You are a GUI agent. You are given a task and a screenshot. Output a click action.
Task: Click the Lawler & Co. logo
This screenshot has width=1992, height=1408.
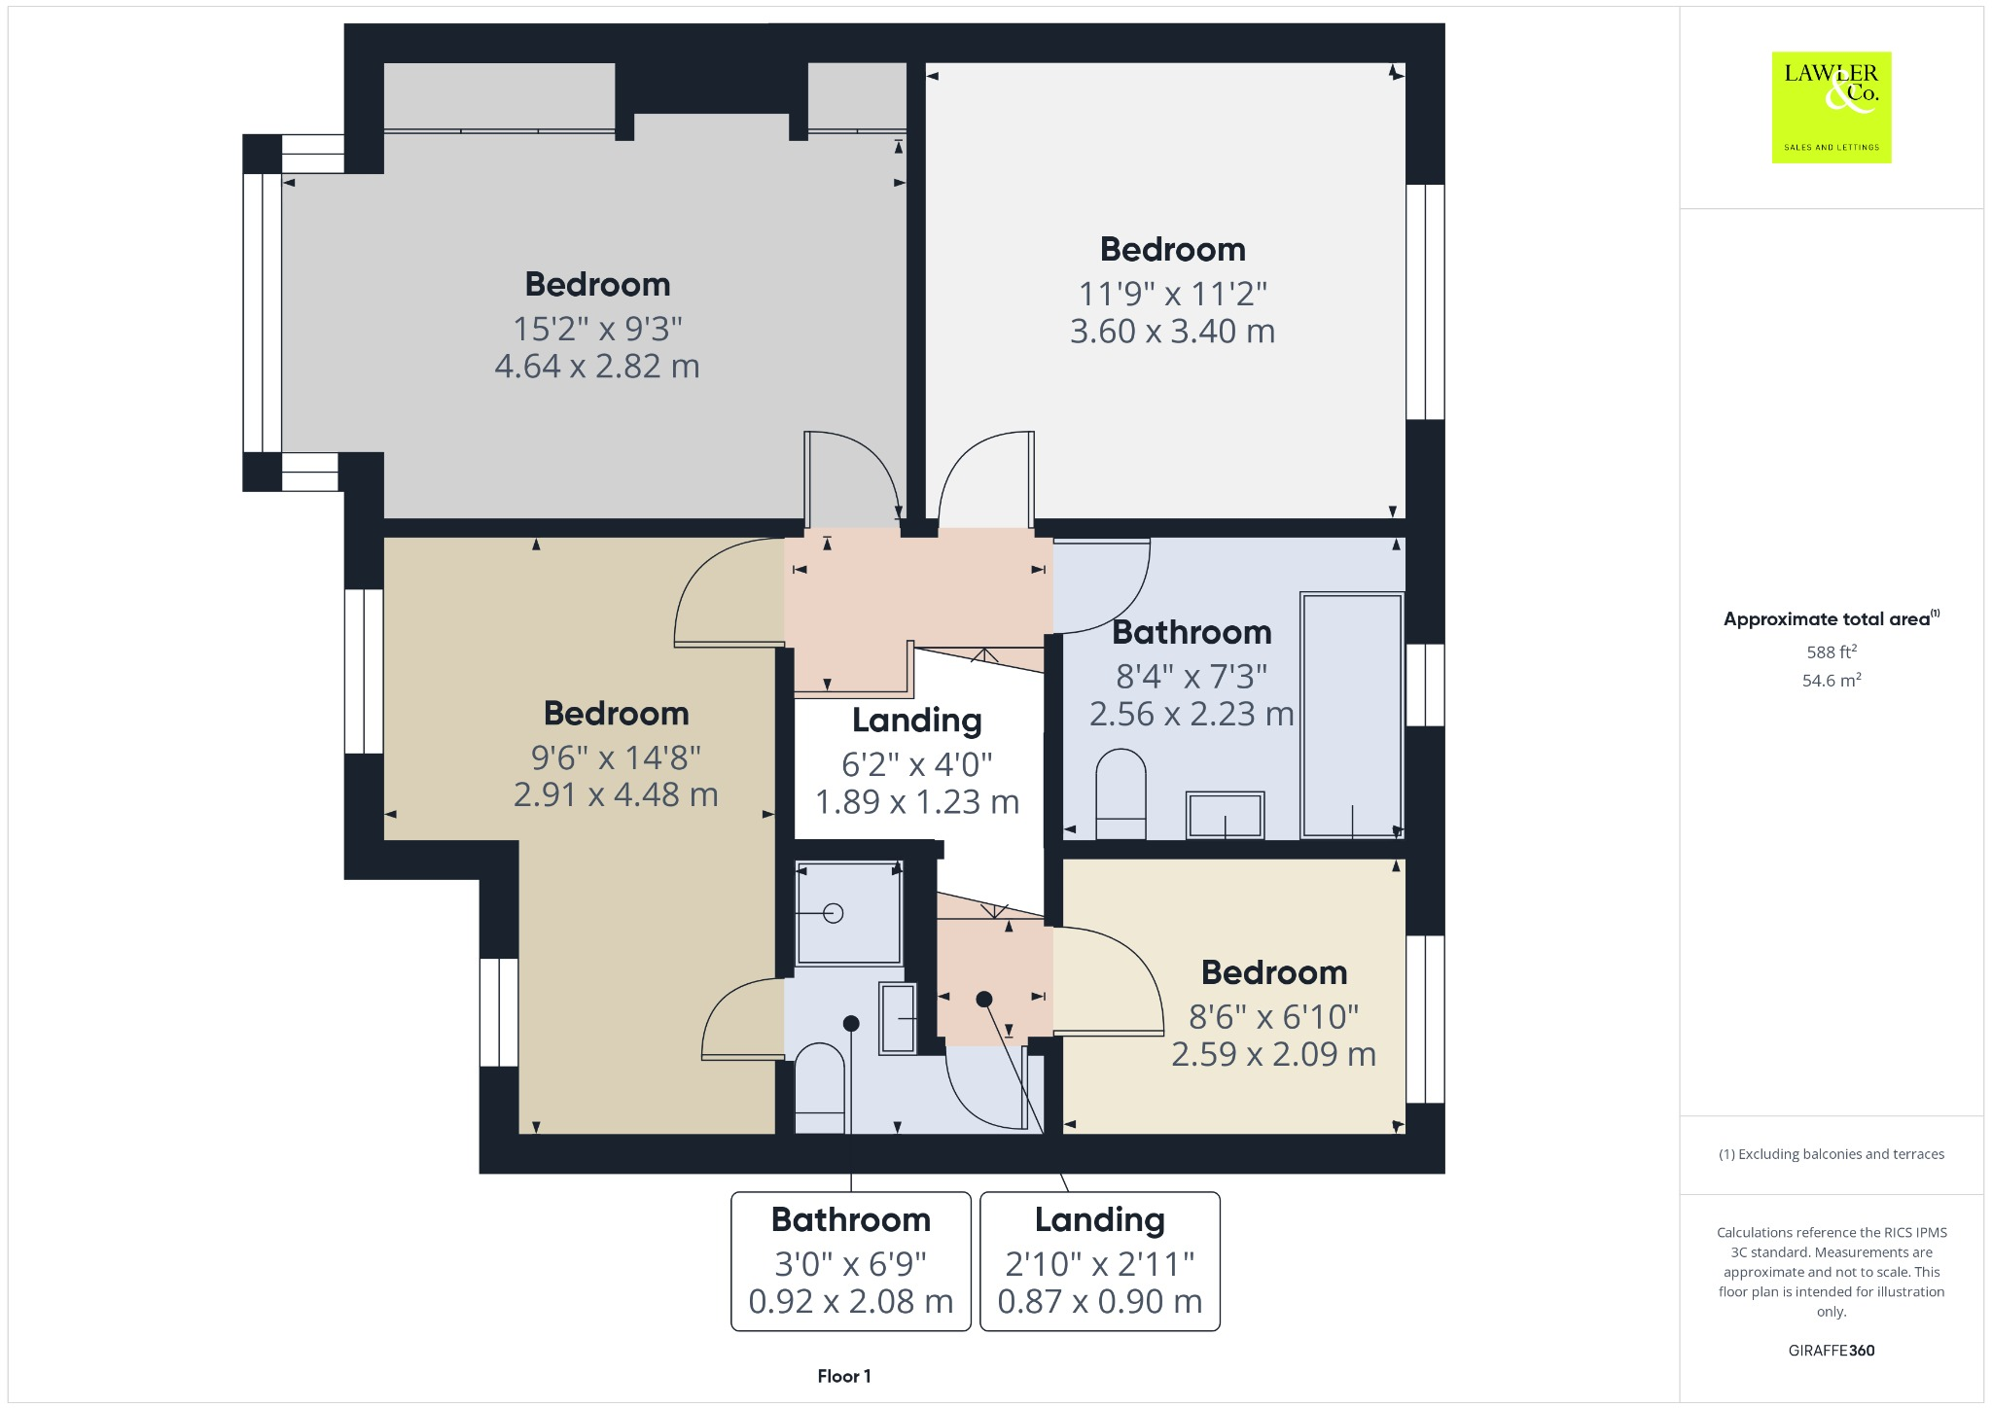[x=1831, y=107]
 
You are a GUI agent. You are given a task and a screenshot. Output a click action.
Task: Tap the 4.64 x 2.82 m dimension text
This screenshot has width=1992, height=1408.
[x=596, y=367]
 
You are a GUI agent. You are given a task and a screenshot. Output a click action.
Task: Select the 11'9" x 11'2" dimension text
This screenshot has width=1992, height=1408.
[x=1172, y=294]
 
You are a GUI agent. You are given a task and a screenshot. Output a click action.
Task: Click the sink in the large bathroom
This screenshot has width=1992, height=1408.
[x=1225, y=815]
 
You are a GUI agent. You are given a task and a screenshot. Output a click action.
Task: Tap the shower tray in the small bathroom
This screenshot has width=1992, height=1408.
[x=849, y=912]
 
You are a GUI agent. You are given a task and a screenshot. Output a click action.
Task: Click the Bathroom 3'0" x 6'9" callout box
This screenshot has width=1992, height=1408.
[x=850, y=1260]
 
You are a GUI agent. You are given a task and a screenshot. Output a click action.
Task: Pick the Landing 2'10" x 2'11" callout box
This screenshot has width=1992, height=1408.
[x=1099, y=1260]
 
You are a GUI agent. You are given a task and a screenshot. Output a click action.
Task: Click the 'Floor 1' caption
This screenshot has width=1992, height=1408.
[x=843, y=1376]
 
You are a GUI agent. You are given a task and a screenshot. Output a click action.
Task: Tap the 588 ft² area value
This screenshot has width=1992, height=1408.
[x=1831, y=651]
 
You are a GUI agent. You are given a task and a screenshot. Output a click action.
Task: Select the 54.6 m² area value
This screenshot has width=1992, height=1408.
[x=1831, y=680]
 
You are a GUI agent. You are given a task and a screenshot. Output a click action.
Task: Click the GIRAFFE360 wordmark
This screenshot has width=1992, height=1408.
[x=1831, y=1350]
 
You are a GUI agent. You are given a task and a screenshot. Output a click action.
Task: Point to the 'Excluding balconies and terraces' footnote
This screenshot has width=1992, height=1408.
[x=1831, y=1154]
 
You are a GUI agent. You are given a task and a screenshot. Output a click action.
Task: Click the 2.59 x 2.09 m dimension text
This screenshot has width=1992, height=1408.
[x=1273, y=1054]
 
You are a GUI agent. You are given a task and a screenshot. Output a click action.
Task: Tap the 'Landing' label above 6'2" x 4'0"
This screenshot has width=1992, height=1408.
[x=916, y=721]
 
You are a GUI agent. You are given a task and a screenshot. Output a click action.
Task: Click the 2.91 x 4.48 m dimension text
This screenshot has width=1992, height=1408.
[x=616, y=795]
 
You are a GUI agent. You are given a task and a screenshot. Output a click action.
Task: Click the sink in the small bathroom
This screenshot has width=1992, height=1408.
[x=898, y=1017]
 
